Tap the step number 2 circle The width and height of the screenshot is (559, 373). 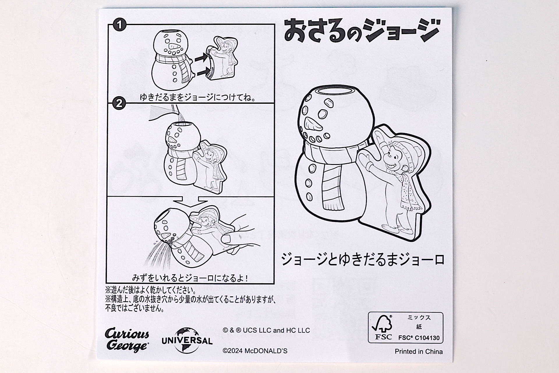click(x=119, y=103)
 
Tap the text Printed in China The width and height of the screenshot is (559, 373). click(x=418, y=351)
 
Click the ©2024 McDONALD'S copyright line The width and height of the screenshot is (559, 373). click(x=255, y=351)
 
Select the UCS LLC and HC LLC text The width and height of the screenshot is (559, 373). click(x=266, y=330)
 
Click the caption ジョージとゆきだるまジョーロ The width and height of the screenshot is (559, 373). click(x=362, y=260)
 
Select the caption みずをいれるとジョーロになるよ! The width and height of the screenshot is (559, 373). click(x=190, y=278)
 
